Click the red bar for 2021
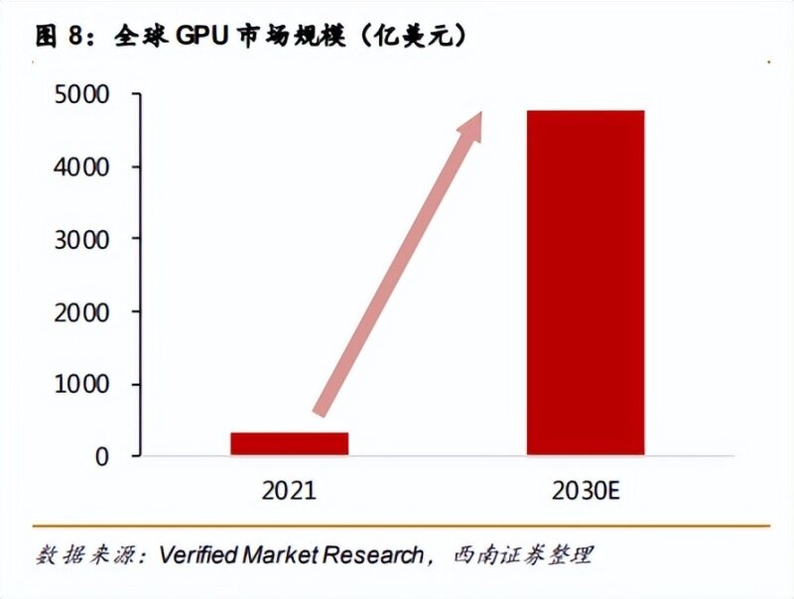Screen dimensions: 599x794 pos(289,443)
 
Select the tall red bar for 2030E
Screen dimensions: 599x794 pos(585,283)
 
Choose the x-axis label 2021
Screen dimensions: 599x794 pos(289,490)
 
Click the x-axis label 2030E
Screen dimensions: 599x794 pos(587,490)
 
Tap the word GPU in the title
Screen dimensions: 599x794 pos(202,37)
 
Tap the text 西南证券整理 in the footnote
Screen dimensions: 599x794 pos(521,554)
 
